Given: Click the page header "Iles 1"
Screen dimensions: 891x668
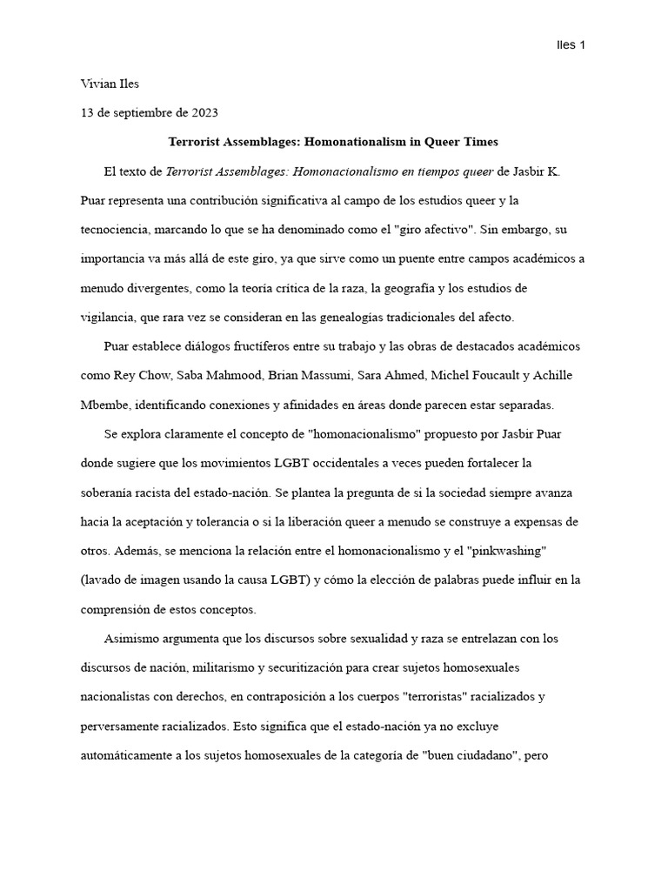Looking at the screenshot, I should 570,45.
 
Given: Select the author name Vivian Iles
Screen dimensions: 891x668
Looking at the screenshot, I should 110,84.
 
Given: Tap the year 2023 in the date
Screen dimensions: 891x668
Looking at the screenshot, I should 203,113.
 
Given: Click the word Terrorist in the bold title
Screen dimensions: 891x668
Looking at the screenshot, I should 197,142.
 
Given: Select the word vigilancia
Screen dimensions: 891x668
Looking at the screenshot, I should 106,318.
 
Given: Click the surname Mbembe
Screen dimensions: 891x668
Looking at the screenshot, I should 105,405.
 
